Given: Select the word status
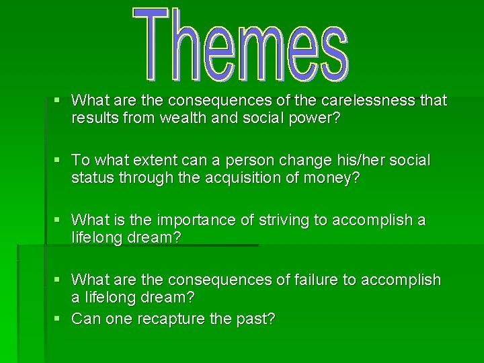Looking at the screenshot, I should [x=92, y=178].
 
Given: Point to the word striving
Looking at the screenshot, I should [x=269, y=220].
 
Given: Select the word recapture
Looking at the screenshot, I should [x=168, y=319].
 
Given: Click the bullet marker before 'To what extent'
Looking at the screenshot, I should [x=59, y=161].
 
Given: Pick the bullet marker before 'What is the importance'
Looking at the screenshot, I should [x=59, y=220].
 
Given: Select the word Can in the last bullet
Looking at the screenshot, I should [x=85, y=319].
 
